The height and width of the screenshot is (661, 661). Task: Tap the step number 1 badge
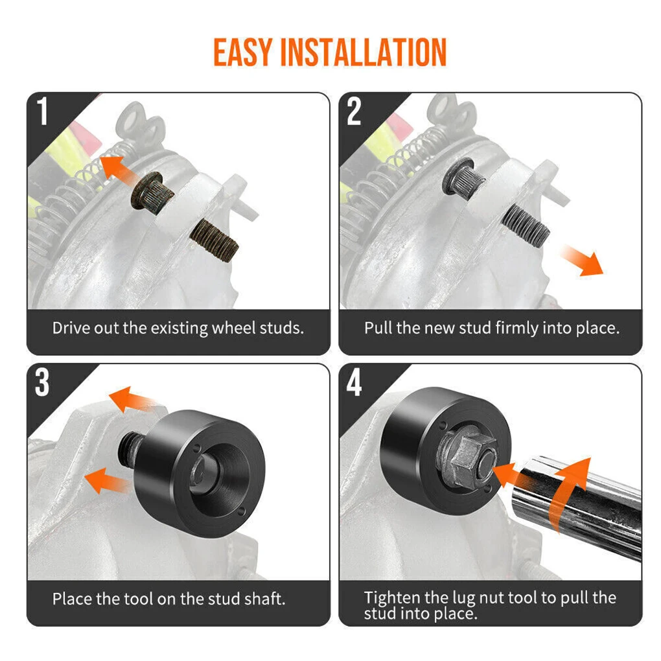click(x=43, y=111)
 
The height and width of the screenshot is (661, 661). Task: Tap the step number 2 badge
click(x=354, y=111)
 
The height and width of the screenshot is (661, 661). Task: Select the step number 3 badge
click(x=42, y=383)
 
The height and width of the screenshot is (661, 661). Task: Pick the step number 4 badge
click(x=354, y=383)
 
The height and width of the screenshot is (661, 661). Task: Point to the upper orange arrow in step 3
click(x=133, y=400)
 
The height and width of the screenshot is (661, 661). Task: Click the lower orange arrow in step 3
click(x=107, y=480)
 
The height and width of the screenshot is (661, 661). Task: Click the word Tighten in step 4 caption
click(x=393, y=597)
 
